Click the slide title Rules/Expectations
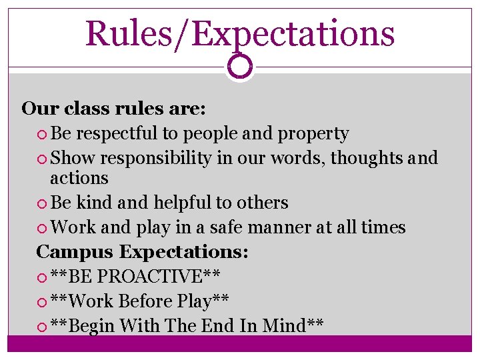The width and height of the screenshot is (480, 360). tap(240, 33)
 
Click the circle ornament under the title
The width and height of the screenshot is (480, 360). tap(239, 67)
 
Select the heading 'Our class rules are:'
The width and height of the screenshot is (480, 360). tap(113, 108)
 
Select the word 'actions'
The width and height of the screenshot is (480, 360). tap(79, 178)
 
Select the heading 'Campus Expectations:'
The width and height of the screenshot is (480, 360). tap(142, 252)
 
